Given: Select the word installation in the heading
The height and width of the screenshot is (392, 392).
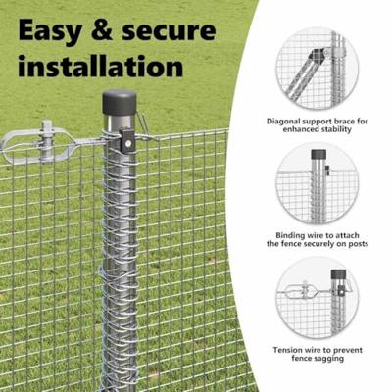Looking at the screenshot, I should pos(101,69).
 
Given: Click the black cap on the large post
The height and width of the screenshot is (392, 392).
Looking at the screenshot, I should pos(120,102).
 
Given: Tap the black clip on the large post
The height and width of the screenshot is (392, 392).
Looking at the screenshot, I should pos(126,141).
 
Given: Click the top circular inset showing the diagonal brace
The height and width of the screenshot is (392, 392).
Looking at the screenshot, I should pos(316,70).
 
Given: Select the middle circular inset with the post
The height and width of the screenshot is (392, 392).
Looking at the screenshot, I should pos(316,183).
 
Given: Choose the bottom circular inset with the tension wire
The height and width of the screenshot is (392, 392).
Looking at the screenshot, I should pos(316,297).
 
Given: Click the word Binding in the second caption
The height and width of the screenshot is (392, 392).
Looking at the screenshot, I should pos(281,236).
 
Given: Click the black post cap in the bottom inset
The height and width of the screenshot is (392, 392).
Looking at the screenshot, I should pos(337,275).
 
